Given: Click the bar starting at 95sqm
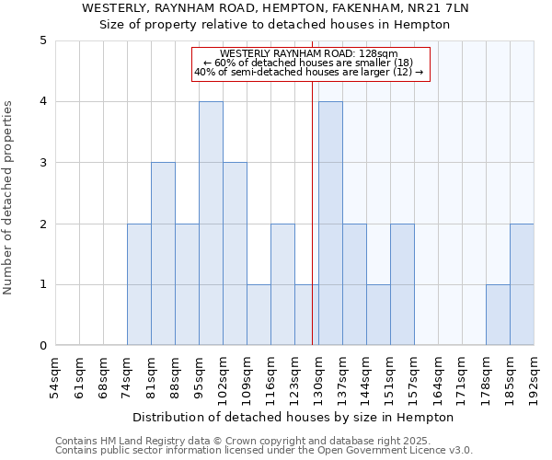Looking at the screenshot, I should coord(211,224).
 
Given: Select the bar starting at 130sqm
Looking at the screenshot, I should coord(330,224).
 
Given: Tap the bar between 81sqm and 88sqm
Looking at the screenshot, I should coord(163,254).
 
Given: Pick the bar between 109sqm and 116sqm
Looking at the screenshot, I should coord(259,315).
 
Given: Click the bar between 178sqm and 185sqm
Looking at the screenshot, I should coord(498,315).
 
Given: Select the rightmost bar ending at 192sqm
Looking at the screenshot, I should coord(522,284).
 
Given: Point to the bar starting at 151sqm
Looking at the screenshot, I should coord(402,284).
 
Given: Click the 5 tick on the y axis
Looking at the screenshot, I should coord(42,40).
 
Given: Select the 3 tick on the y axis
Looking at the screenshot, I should coord(42,163).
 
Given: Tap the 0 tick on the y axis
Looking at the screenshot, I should coord(42,346).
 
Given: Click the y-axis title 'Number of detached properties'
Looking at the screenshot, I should coord(8,199).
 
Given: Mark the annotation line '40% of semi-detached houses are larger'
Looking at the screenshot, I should coord(309,72).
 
